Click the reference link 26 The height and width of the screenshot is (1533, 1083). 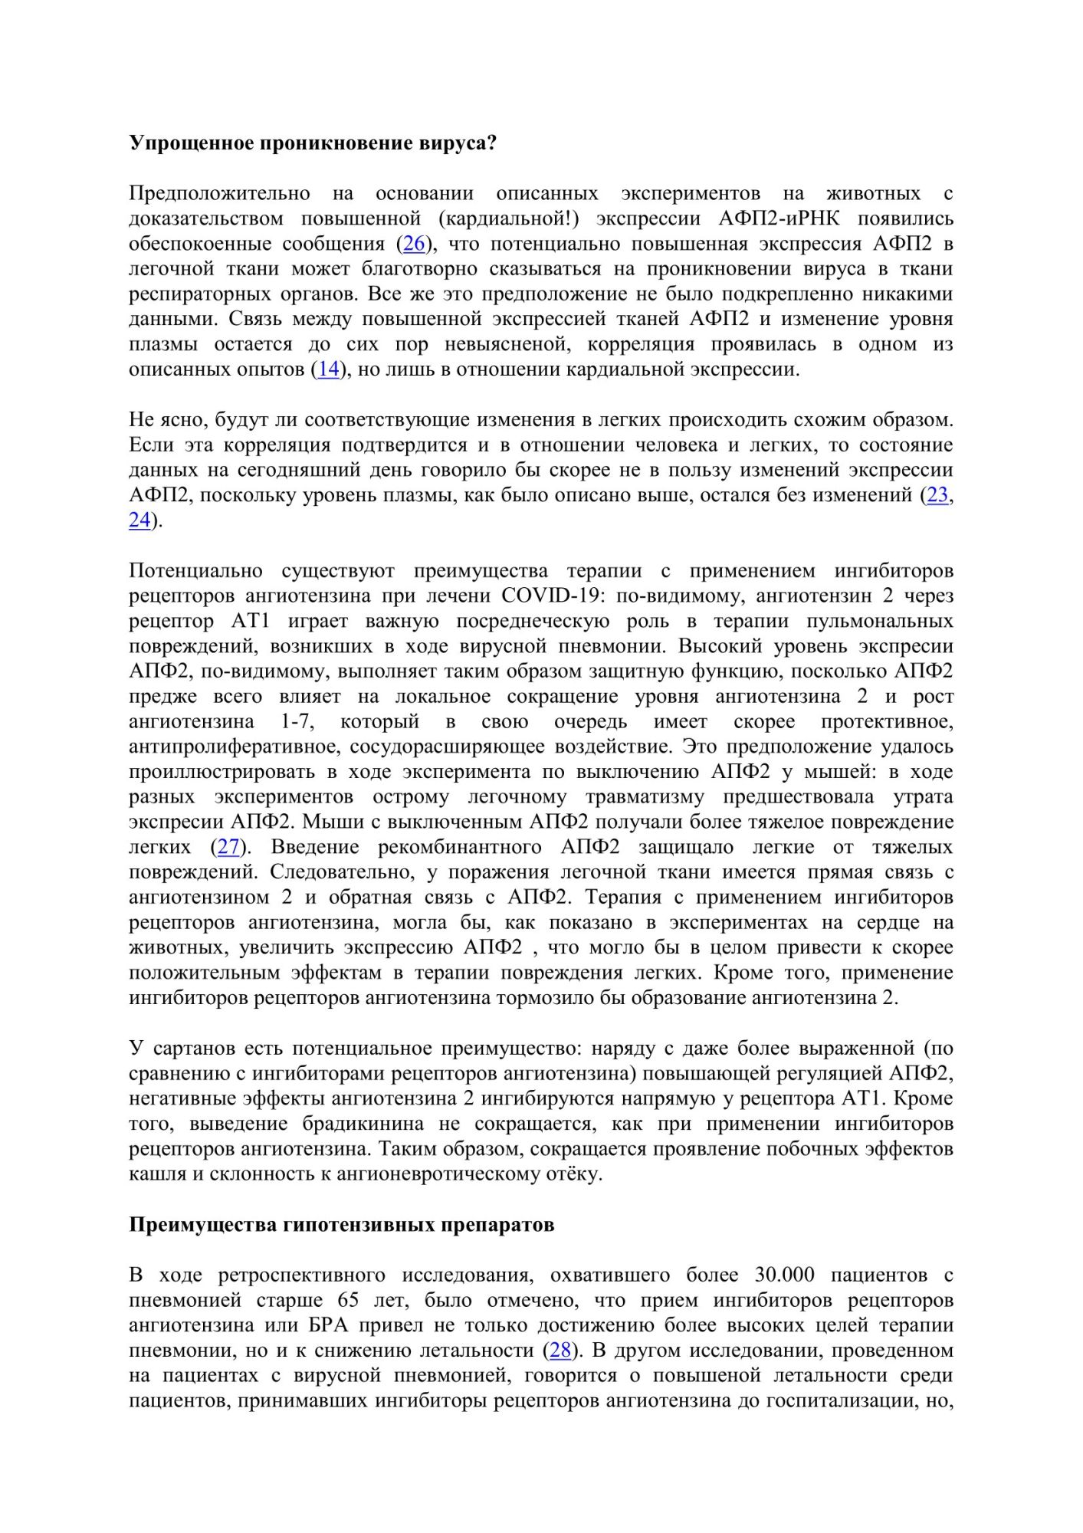(414, 245)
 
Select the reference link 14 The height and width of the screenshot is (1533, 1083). (328, 369)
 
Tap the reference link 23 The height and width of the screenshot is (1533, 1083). (937, 495)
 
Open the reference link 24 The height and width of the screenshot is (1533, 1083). (139, 520)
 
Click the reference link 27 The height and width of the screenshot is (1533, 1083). (228, 847)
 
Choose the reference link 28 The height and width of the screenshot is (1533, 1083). (560, 1350)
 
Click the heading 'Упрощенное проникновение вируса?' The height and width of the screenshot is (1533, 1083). (313, 143)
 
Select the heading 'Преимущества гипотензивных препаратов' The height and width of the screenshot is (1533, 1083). (341, 1224)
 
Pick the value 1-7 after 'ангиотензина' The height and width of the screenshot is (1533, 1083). (294, 721)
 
